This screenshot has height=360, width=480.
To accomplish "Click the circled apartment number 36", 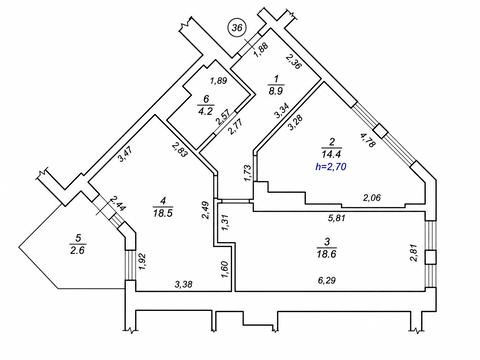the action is coord(237,28).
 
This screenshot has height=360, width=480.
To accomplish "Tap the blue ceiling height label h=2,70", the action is coord(331,166).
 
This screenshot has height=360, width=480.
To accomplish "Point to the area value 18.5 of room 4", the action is coord(163,213).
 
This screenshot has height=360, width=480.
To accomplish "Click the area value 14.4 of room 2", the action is coord(331,154).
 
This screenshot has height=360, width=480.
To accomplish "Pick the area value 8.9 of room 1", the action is coord(276,91).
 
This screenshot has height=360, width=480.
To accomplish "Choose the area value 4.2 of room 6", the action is coord(205,111).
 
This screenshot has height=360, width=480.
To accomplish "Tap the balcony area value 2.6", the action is coord(78,250).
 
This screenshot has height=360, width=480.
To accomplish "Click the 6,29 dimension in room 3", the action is coord(327,280).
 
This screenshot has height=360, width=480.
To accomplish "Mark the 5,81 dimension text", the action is coord(336,218).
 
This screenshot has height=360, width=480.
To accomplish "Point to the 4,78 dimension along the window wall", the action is coord(368,140).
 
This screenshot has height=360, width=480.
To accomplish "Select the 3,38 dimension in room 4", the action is coord(184,284).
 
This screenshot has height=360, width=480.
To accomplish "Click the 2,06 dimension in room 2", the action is coord(372,198).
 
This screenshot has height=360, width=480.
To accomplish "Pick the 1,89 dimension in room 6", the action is coord(218,81).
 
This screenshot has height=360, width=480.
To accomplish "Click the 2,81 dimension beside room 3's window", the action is coord(415,253).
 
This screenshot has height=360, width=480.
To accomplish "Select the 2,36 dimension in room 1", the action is coord(294,62).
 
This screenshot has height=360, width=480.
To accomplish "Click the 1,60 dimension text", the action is coord(225,269).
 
